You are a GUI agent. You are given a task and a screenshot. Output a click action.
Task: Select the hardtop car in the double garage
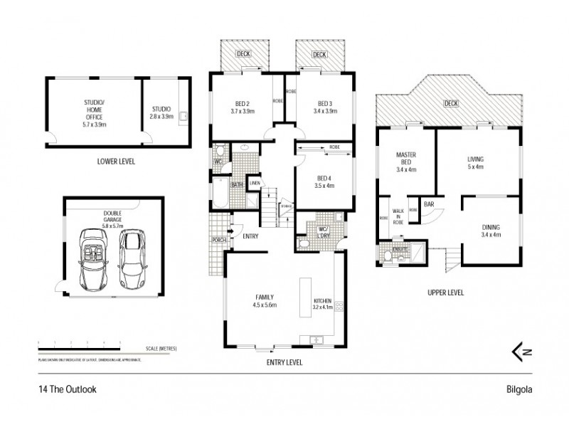pos(132,253)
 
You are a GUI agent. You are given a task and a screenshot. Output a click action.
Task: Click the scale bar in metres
pos(78,348)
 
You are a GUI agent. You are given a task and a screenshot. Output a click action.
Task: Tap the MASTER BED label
pos(405,162)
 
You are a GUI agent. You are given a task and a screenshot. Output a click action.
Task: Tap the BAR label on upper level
pos(429,204)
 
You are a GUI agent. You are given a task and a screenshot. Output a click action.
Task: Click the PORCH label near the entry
pos(218,240)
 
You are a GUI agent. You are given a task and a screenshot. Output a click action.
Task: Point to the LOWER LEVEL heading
pos(116,162)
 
